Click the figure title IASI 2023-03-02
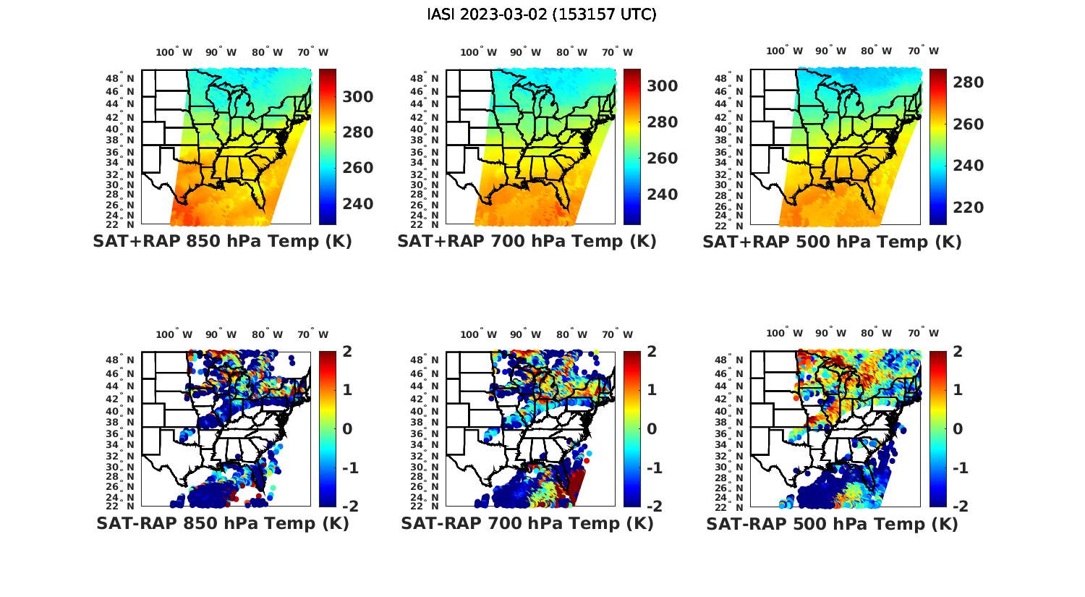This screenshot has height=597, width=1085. click(x=542, y=14)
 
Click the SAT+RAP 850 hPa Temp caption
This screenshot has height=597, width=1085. click(x=222, y=242)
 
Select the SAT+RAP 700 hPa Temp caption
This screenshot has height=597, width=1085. click(x=527, y=242)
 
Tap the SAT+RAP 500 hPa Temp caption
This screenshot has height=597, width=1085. click(x=832, y=242)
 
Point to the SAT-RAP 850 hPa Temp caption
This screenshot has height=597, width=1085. click(x=222, y=524)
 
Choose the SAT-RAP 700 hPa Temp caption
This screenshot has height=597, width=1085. click(x=527, y=524)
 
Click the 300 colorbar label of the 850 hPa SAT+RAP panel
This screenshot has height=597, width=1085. click(x=358, y=97)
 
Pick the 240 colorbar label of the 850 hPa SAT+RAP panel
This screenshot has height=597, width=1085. click(x=358, y=204)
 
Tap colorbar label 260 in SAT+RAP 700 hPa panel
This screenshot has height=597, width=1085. click(x=663, y=158)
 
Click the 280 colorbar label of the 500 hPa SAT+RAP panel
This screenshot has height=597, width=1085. click(x=968, y=82)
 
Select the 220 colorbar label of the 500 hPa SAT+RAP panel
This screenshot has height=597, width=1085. click(x=968, y=208)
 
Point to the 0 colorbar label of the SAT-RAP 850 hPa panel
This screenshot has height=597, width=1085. click(x=347, y=428)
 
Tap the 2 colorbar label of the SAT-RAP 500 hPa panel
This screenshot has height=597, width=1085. click(x=958, y=352)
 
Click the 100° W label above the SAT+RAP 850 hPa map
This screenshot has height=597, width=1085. click(x=174, y=52)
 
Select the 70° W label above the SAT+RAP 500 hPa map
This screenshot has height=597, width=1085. click(x=923, y=51)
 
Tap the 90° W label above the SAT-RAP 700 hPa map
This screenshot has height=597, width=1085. click(x=525, y=334)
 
